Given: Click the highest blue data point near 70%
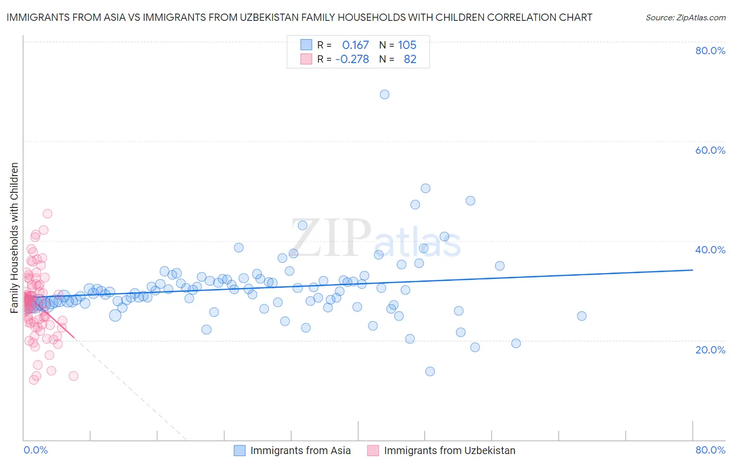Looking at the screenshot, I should point(384,94).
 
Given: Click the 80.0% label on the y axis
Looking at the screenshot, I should point(710,51).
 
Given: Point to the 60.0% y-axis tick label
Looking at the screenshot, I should point(710,150).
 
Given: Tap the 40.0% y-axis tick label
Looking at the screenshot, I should point(710,250).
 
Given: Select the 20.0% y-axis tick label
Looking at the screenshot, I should point(710,349).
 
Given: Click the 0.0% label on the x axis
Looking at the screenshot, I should point(35,450).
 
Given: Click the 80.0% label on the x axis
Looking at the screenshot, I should point(710,450).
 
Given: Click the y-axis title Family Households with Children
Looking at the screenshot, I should point(15,238).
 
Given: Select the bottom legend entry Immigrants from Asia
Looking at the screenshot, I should point(300,450).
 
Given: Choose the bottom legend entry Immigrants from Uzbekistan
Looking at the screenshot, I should point(449,450).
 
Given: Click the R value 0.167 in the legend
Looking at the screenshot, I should point(355,45).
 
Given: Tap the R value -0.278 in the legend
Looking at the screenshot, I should point(352,59).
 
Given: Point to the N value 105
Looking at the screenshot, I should point(407,45).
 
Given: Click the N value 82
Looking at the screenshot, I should point(410,59).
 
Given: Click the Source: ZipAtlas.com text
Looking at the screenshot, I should point(685,17).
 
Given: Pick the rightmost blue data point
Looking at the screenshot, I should point(582,316).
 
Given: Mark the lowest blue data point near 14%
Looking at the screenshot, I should point(430,371).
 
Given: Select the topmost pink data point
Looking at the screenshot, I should point(47,213).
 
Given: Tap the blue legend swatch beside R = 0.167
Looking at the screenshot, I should point(306,45).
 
